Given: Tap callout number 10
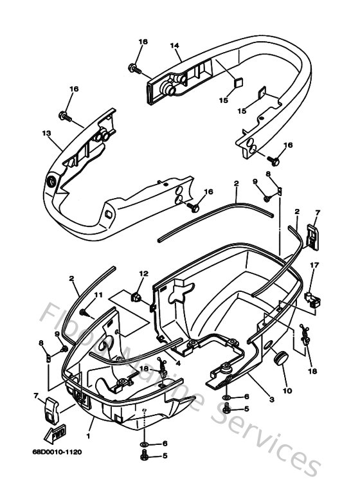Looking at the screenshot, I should tap(287, 390).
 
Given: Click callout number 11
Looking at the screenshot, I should tap(98, 294).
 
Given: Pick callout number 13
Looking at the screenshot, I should tap(46, 134).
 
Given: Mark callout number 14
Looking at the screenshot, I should tap(174, 46).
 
